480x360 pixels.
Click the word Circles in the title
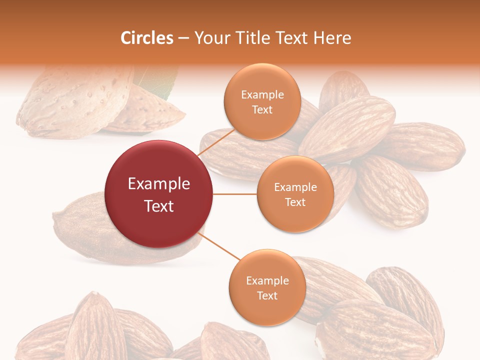[x=147, y=38]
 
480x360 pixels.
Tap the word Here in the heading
[x=332, y=38]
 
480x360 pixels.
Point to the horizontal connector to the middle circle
[x=234, y=194]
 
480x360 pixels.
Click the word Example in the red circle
[x=159, y=183]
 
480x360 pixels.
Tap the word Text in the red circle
[x=159, y=206]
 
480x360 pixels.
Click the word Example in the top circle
[x=262, y=94]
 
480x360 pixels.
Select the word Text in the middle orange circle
[x=295, y=202]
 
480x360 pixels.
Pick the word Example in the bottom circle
[x=267, y=280]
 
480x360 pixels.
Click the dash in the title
[x=183, y=38]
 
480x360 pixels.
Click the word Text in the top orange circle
[x=262, y=109]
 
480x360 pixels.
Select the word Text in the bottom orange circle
[x=267, y=295]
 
